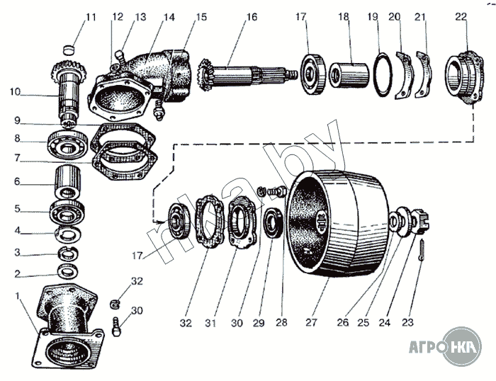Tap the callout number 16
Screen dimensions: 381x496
(252, 17)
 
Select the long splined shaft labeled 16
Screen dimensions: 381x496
(248, 72)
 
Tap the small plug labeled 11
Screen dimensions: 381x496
(69, 50)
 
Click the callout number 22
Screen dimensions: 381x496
(461, 17)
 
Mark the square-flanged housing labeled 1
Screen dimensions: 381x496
(66, 329)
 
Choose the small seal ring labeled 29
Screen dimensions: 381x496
(272, 226)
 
